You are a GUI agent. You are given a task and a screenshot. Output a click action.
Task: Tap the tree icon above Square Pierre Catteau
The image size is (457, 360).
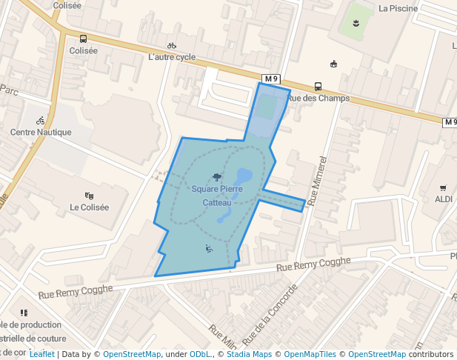click(216, 177)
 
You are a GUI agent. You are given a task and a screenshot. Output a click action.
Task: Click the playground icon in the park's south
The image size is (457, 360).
click(209, 249)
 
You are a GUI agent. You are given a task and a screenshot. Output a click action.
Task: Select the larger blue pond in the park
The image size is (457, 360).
click(243, 176)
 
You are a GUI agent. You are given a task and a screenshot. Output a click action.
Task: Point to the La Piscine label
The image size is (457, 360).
click(398, 9)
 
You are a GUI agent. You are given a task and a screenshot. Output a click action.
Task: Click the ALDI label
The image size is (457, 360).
click(444, 199)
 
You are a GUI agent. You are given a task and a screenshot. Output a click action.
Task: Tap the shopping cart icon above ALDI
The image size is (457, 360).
click(443, 188)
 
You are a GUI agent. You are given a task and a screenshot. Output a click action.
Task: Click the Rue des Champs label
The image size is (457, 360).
click(318, 98)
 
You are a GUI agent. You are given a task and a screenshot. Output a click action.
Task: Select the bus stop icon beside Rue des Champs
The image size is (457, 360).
click(318, 86)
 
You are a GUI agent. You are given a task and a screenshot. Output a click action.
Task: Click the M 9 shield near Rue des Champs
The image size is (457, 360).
click(271, 79)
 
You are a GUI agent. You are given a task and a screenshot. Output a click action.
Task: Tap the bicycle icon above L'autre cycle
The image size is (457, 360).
click(172, 45)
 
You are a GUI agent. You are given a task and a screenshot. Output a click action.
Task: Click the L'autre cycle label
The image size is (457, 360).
click(172, 57)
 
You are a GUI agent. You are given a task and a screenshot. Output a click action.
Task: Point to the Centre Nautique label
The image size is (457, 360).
click(41, 133)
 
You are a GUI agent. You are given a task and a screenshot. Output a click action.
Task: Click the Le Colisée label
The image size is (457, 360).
click(90, 207)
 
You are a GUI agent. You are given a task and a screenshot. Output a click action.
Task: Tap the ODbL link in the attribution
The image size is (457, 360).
click(201, 354)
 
